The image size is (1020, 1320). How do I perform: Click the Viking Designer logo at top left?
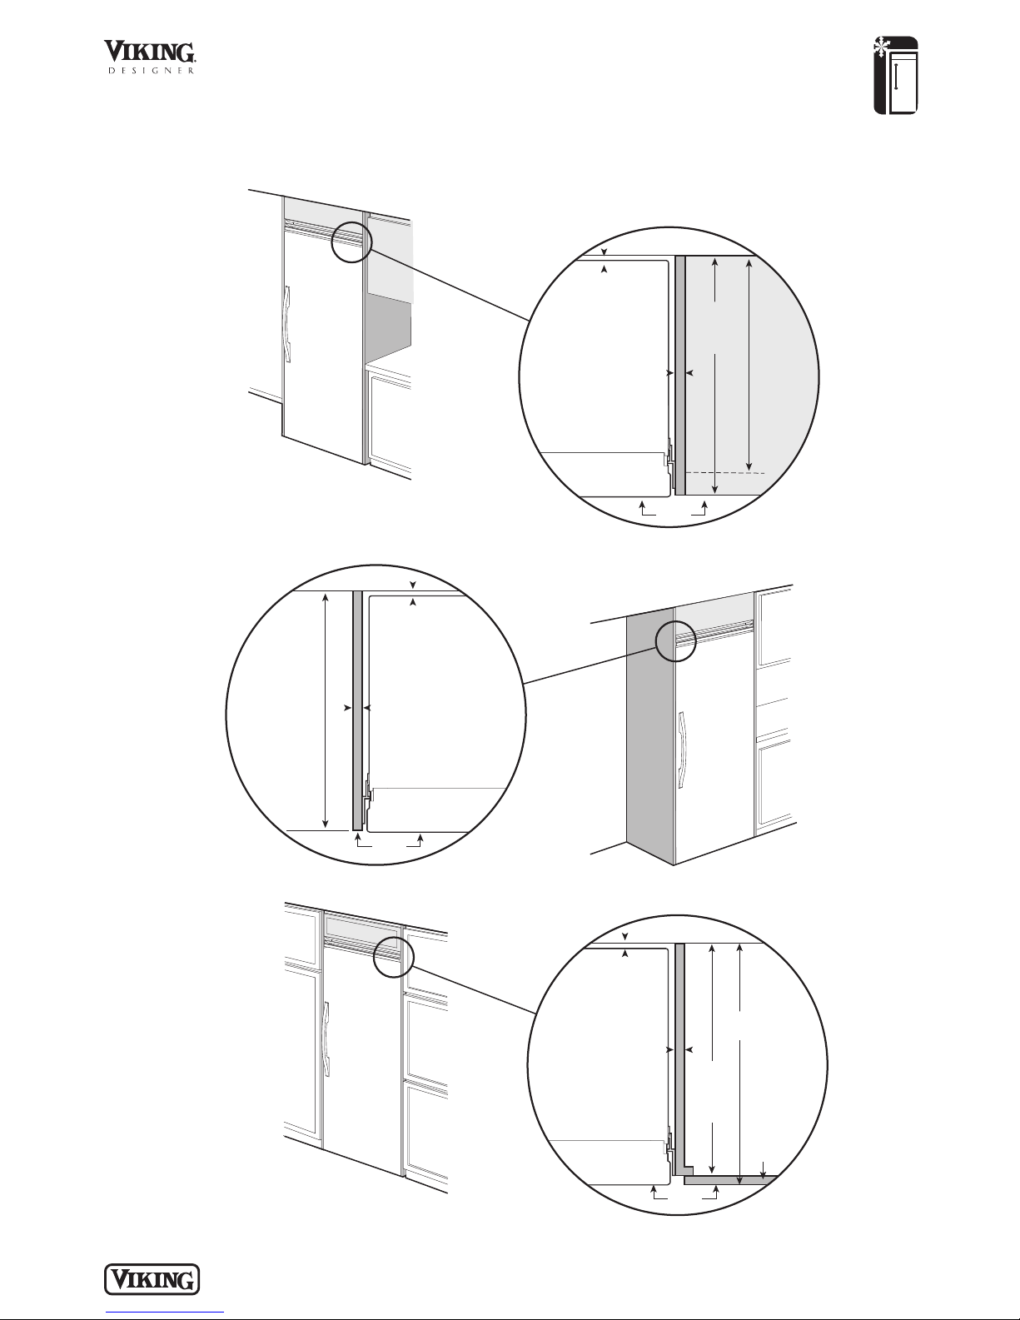coord(149,57)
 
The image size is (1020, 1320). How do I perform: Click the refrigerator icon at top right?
coord(896,76)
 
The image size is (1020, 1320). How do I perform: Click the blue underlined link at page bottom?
coord(165,1311)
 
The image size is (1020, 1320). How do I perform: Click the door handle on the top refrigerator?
coord(287,324)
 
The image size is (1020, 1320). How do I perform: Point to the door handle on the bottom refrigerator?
coord(327,1039)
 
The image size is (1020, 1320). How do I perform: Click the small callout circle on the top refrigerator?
coord(351,242)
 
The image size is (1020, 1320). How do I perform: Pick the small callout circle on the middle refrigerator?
coord(675,641)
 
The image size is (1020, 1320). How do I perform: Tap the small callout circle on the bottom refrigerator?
coord(393,958)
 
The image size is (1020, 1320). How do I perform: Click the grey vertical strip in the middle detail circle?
coord(357,710)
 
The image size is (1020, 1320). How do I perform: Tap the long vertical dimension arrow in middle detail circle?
coord(326,711)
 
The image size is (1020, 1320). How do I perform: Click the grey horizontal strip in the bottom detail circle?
coord(730,1180)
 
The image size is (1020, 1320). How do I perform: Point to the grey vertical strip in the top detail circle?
coord(680,375)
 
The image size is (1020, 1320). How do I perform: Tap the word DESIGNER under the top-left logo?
coord(152,71)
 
